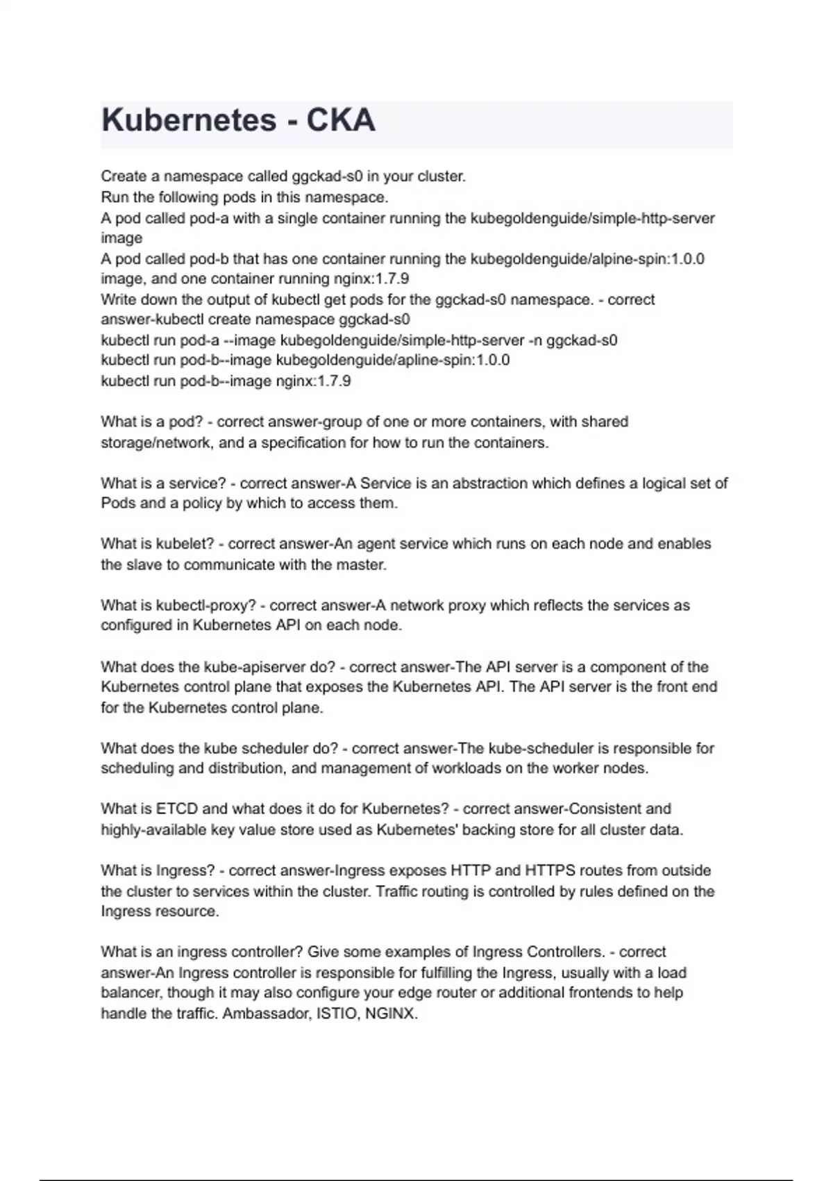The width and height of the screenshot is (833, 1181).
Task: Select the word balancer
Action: (131, 993)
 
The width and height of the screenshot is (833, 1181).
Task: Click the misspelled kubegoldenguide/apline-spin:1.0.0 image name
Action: (393, 361)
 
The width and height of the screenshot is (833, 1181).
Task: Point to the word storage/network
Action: (156, 443)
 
